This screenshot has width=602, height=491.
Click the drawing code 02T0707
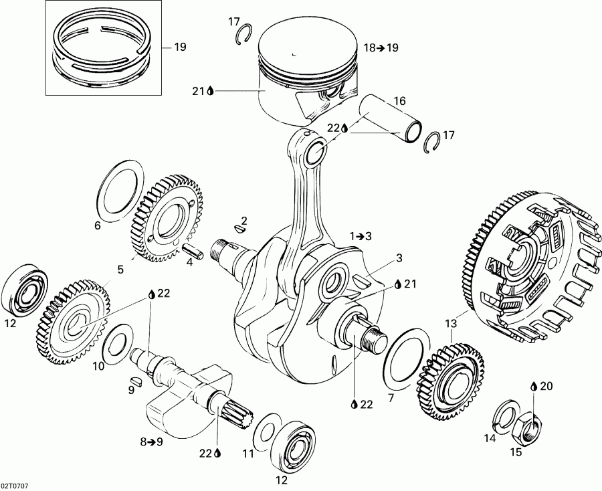(14, 484)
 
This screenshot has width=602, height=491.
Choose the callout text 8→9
(151, 441)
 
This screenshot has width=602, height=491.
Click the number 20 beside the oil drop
(547, 386)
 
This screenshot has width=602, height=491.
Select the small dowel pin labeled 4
(194, 250)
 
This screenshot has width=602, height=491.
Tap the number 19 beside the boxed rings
(180, 47)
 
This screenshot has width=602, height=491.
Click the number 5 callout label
(120, 270)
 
